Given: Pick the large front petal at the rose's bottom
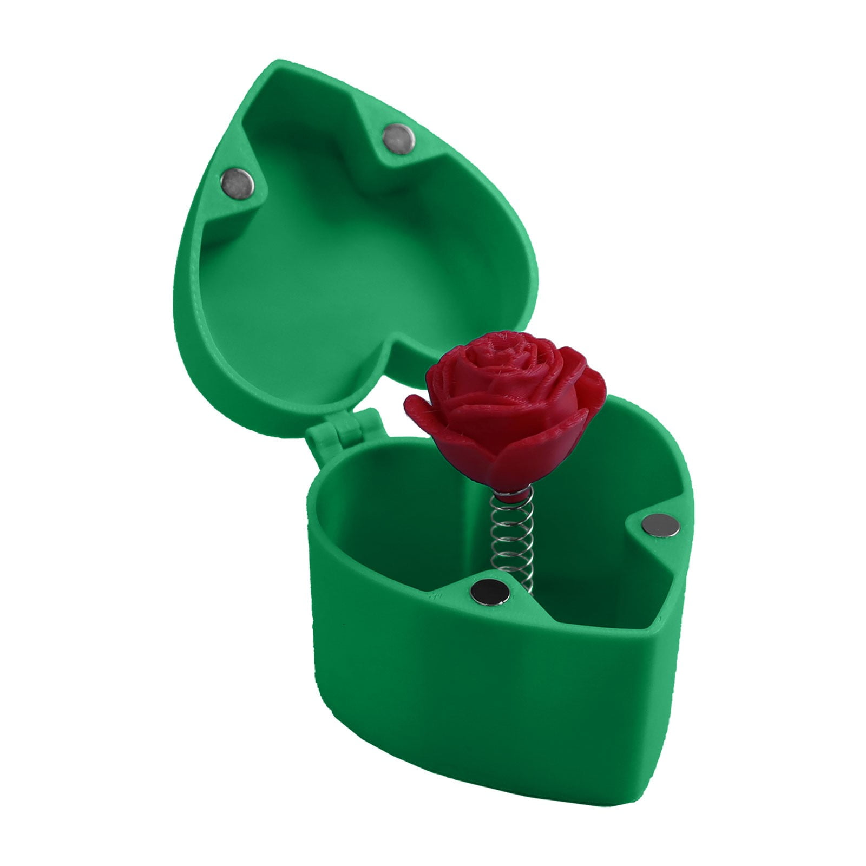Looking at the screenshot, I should pyautogui.click(x=520, y=460).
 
